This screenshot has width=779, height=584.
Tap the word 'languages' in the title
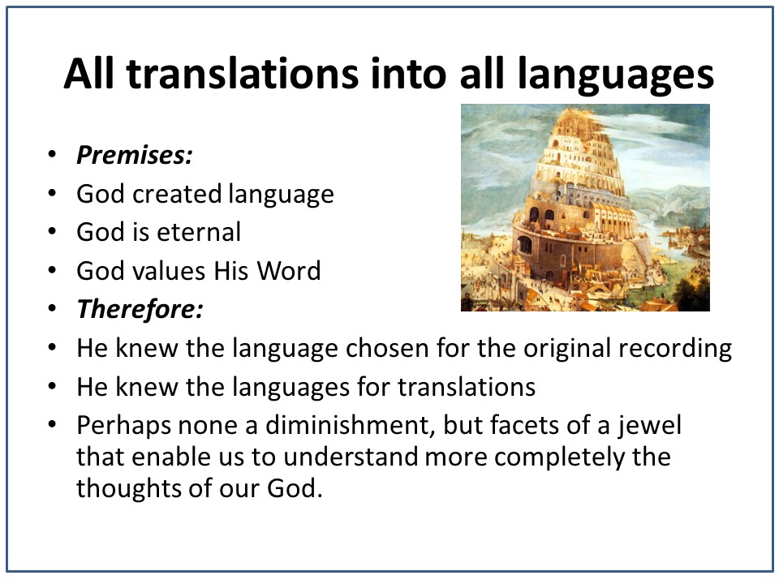point(616,75)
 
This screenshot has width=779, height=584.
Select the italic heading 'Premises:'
point(135,155)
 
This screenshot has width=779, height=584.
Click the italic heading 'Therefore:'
point(140,309)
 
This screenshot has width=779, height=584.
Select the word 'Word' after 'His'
point(289,271)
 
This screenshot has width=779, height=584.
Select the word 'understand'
point(351,457)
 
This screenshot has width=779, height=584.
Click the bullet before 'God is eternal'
point(52,232)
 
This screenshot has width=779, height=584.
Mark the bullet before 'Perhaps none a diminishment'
point(52,425)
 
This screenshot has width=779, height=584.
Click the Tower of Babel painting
point(585,208)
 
